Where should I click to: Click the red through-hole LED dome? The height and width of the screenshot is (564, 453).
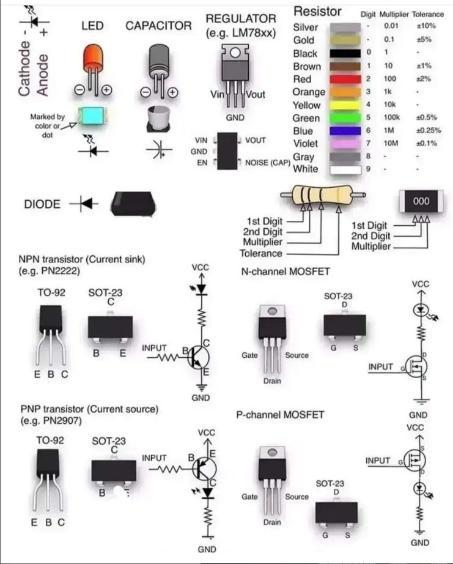point(93,57)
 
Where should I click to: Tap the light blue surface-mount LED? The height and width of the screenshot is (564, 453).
point(92,116)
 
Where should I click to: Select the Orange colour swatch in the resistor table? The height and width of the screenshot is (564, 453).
point(345,92)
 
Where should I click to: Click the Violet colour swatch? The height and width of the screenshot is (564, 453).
point(345,144)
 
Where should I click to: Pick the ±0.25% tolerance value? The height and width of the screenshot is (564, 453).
point(428,130)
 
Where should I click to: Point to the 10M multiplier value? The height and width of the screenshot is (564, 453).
point(391,143)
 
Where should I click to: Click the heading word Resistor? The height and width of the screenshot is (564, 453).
point(317,12)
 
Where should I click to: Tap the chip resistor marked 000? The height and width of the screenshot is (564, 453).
point(421,201)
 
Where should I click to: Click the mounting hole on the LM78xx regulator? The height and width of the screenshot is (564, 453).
point(235,53)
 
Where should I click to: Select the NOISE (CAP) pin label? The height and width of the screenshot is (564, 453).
point(268,163)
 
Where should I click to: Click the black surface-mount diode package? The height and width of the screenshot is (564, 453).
point(133,204)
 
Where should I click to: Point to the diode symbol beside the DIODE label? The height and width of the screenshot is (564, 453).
point(84,204)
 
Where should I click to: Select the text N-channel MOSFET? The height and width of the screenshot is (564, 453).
point(285,271)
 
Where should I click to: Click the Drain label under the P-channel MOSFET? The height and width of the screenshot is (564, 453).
point(272,522)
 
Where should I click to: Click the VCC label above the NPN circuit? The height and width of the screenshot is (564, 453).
point(201,267)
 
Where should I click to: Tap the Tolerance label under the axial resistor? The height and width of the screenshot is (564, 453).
point(261,253)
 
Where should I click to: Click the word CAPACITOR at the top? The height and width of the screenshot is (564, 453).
point(158,26)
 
